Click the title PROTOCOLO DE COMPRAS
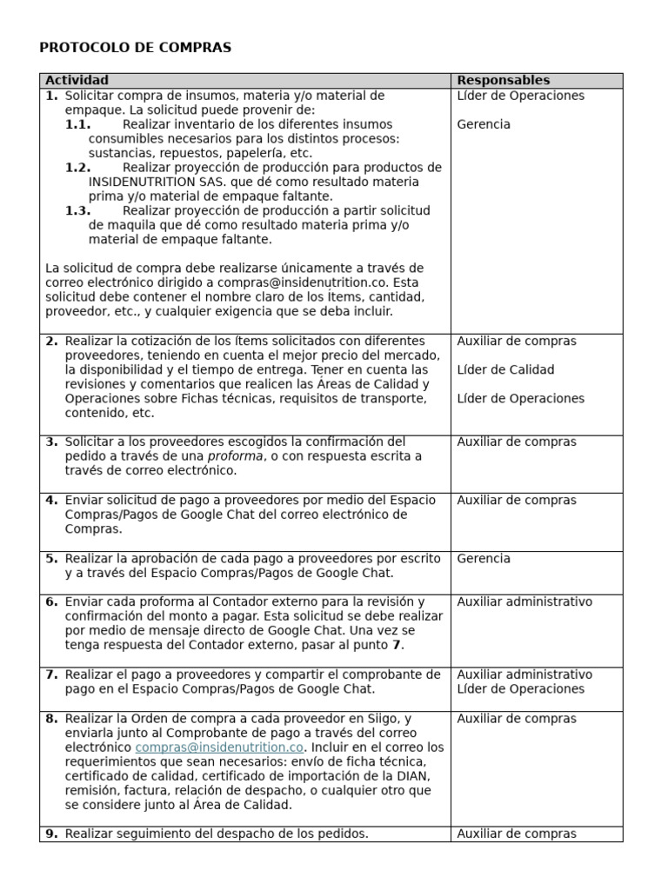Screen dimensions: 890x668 click(x=136, y=48)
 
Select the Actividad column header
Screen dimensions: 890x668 click(x=77, y=80)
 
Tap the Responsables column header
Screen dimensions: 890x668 click(x=504, y=80)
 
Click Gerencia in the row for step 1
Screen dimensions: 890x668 click(x=484, y=124)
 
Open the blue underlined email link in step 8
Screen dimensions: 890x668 click(x=219, y=747)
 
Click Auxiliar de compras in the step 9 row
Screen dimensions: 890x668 click(x=517, y=834)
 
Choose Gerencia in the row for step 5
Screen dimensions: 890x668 click(x=484, y=559)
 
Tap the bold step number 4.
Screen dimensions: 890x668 click(x=51, y=500)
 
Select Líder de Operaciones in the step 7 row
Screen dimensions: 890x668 click(x=521, y=689)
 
